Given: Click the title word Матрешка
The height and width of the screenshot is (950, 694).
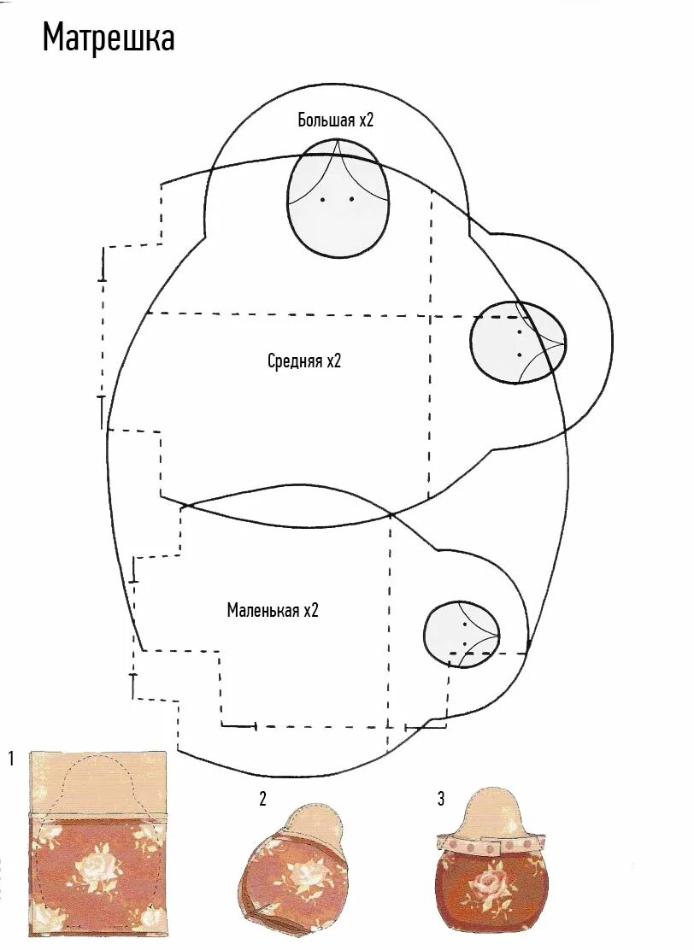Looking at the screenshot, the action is (x=109, y=38).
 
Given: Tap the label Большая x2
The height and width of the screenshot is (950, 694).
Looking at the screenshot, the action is (x=336, y=120).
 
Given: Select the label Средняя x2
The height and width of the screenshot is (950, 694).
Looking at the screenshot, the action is (x=304, y=361).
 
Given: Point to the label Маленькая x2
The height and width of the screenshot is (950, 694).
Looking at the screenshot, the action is (x=273, y=610).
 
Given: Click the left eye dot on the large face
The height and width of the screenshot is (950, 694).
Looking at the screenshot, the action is (x=323, y=200).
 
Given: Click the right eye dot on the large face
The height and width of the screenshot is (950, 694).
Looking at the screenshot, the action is (x=351, y=200).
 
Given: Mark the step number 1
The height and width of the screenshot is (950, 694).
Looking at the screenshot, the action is (x=11, y=758).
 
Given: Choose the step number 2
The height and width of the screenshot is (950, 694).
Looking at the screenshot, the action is (x=263, y=799).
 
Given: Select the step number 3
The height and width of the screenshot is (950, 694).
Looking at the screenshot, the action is (x=441, y=799).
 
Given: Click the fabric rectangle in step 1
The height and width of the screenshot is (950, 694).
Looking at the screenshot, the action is (x=97, y=871).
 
